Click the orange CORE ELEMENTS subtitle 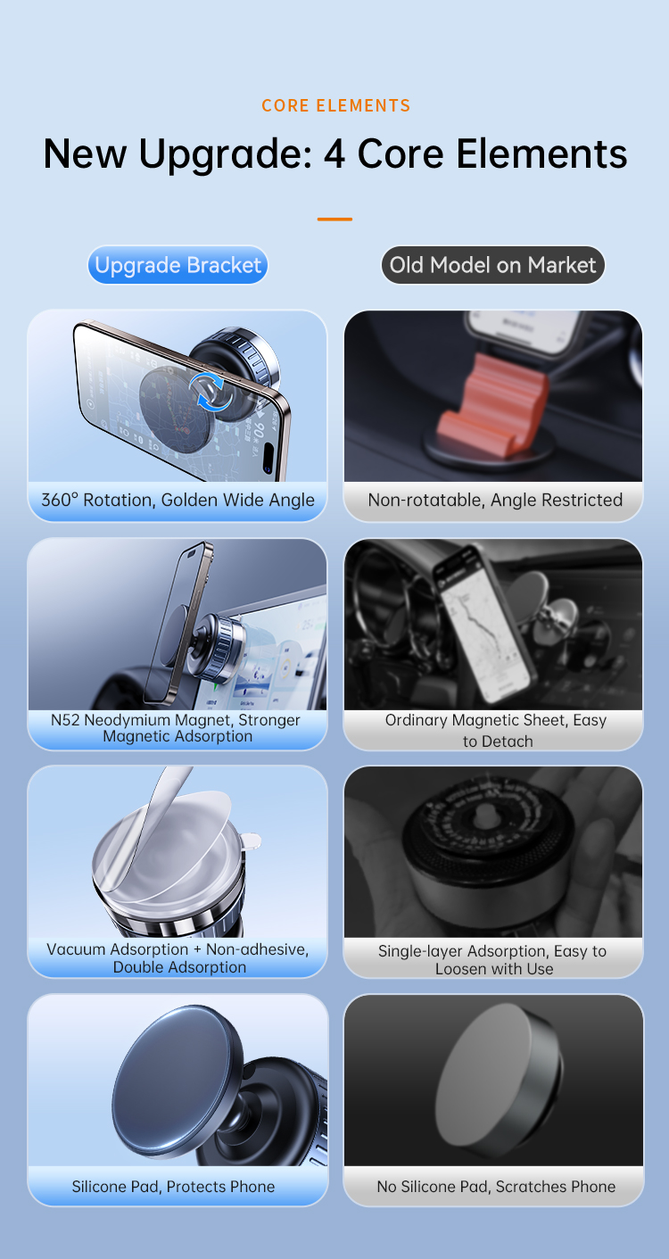pos(336,105)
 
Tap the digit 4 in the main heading pos(334,154)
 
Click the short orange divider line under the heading pos(334,219)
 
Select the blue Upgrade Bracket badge pos(178,265)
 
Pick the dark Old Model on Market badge pos(493,265)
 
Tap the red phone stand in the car pos(492,402)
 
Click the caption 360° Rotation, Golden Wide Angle pos(178,500)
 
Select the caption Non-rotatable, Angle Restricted pos(495,500)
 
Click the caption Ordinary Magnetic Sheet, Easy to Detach pos(495,731)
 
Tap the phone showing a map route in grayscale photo pos(483,622)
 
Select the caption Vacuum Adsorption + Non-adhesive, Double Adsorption pos(178,957)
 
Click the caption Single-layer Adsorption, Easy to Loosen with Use pos(492,959)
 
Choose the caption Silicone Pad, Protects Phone pos(173,1187)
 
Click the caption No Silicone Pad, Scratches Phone pos(496,1187)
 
